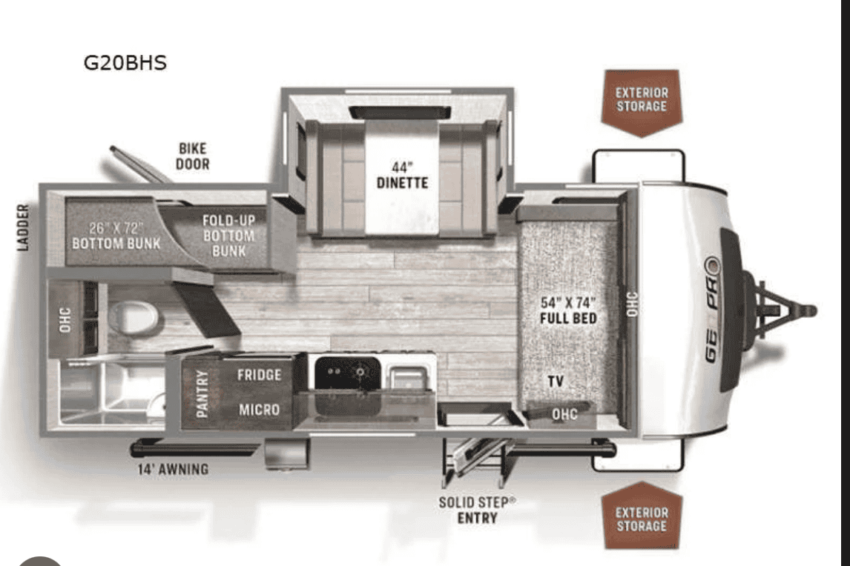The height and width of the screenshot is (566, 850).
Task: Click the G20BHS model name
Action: click(125, 63)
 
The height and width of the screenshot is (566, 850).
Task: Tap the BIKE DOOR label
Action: click(193, 156)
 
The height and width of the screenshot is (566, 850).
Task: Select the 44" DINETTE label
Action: click(402, 175)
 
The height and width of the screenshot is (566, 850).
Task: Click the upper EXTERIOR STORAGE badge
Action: click(642, 101)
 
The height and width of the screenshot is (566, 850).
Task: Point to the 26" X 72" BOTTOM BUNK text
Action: click(116, 236)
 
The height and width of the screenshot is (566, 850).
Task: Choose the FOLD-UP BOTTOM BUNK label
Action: click(228, 236)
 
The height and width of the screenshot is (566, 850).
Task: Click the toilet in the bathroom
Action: click(133, 317)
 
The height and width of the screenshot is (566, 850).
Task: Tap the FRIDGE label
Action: click(259, 375)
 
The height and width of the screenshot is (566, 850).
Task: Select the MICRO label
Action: click(259, 410)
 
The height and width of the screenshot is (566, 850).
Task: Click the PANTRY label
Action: click(202, 394)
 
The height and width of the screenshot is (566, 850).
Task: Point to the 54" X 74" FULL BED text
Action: click(568, 310)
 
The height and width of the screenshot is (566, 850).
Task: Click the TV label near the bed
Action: click(556, 382)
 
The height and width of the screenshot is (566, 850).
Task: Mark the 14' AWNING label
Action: click(172, 469)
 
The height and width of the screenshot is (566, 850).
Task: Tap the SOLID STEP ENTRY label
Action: click(477, 510)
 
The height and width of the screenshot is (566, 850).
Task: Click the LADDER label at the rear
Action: click(23, 227)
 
